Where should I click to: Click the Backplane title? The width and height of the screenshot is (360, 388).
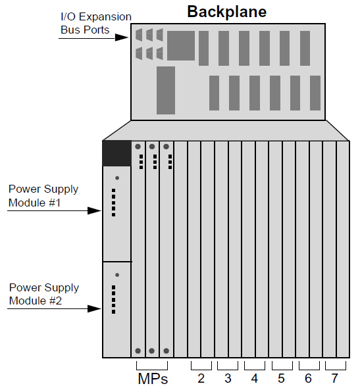pos(226,12)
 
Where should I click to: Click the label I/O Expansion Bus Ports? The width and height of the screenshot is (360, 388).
pos(96,23)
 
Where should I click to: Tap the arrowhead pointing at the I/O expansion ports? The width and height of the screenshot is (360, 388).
pos(122,37)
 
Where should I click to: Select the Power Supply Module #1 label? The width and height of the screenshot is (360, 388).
pos(43,196)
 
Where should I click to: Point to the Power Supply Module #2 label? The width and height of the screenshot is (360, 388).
pos(44,294)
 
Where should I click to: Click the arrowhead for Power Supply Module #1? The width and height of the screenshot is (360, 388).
pos(94,211)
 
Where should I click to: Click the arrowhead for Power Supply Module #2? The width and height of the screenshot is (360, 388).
pos(94,309)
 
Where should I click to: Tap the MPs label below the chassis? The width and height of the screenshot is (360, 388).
pos(153,379)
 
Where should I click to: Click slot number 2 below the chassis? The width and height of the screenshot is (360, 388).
pos(201,378)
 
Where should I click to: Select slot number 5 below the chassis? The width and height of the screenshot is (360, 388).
pos(281,378)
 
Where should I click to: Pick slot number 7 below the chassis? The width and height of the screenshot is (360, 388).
pos(335,378)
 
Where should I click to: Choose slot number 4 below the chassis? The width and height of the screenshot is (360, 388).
pos(255,378)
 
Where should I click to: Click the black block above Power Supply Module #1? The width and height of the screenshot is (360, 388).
pos(117,153)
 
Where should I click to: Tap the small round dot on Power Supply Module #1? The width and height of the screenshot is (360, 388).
pos(117,178)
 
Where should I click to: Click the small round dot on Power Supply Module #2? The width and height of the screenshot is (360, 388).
pos(117,275)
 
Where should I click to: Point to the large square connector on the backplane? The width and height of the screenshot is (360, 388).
pos(181,45)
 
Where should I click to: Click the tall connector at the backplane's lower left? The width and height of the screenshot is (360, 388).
pos(166,90)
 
